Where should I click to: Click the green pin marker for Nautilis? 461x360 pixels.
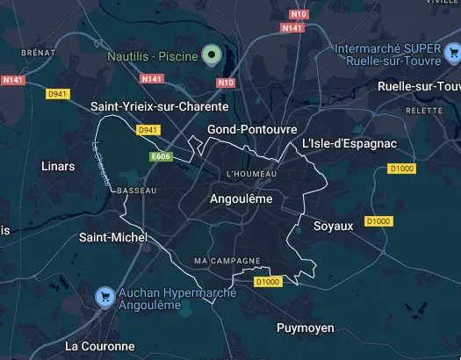[x=209, y=55]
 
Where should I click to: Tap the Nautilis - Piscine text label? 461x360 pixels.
[x=151, y=55]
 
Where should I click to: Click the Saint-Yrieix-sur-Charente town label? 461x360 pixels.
[x=159, y=106]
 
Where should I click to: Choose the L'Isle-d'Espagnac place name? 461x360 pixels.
[x=349, y=143]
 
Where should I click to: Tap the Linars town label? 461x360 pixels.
[x=58, y=165]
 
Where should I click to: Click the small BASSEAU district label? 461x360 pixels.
[x=136, y=191]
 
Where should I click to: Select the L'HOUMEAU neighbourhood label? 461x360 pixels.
[x=251, y=174]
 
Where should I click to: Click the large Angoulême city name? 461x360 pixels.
[x=241, y=199]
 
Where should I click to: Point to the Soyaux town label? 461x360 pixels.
[x=333, y=226]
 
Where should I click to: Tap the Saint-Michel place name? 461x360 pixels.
[x=113, y=237]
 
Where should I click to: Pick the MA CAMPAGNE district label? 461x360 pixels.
[x=227, y=262]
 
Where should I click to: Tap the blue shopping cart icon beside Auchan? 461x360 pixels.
[x=105, y=297]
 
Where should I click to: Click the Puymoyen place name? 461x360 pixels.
[x=305, y=328]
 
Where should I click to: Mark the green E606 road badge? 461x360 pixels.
[x=160, y=156]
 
